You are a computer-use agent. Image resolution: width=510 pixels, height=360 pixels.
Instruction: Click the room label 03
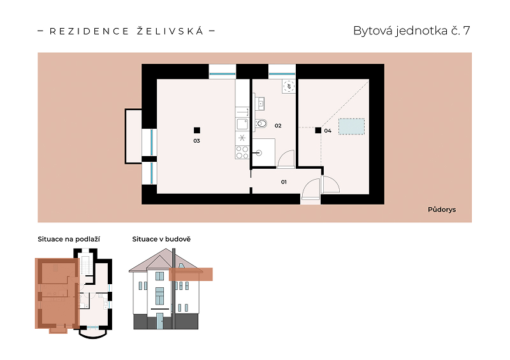[196, 141]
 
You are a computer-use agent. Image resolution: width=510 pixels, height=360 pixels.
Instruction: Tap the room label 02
[278, 126]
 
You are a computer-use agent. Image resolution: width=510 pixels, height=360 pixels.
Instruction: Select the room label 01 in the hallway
[284, 182]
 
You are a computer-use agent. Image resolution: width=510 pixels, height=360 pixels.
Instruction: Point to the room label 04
[328, 131]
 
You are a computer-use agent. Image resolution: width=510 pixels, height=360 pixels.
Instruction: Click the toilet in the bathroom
[261, 124]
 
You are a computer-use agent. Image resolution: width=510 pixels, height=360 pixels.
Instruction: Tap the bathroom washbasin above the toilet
[259, 104]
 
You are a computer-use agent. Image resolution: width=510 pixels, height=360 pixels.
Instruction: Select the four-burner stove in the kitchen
[242, 152]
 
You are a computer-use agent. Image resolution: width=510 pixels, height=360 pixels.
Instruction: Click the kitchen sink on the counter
[242, 124]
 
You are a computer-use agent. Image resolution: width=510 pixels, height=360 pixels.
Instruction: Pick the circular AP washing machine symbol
[289, 87]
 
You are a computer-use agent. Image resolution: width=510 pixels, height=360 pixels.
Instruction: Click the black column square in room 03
[197, 131]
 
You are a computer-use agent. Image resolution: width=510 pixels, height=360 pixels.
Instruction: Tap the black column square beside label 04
[318, 131]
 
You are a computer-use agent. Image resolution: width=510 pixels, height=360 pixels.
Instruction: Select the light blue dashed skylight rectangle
[352, 127]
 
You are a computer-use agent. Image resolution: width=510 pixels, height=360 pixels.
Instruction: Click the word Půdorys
[442, 210]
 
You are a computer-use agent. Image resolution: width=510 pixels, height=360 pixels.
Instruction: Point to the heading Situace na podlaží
[69, 240]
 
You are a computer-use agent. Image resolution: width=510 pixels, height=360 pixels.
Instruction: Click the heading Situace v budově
[161, 240]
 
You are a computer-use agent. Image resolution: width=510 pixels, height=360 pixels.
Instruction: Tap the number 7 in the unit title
[467, 31]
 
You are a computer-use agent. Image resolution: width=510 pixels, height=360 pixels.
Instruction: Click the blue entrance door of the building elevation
[160, 321]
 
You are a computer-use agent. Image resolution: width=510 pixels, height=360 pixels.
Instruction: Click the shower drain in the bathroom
[259, 152]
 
